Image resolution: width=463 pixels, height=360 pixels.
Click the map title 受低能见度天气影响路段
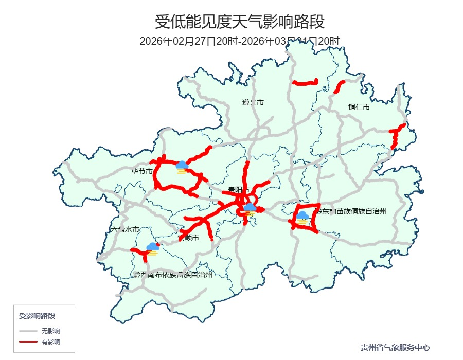coord(240,22)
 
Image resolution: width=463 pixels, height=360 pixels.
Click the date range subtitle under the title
coord(240,41)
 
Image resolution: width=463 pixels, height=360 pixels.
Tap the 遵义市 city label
coord(253,102)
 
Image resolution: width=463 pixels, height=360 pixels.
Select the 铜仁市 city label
coord(359,107)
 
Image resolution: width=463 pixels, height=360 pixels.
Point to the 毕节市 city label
coord(142,171)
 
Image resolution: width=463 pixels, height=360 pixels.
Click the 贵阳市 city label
coord(239,190)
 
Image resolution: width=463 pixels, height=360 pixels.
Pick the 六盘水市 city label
coord(124,230)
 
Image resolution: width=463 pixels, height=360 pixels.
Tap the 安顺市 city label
coord(188,238)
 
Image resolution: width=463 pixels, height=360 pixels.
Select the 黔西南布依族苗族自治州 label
coord(172,275)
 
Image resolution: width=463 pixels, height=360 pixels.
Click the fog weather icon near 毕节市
coord(181,167)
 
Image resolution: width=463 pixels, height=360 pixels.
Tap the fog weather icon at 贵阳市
coord(250,209)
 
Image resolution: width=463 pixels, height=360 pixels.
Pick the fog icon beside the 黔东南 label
coord(302,218)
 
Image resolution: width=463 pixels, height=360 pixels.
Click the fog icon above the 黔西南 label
coord(152,249)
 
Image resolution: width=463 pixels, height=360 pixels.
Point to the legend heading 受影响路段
coord(37,315)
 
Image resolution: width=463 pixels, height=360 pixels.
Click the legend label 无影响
coord(50,331)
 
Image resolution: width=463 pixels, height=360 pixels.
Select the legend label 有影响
coord(50,341)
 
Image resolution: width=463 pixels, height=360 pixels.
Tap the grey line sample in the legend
coord(28,331)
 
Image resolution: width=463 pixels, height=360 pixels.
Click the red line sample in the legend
coord(28,341)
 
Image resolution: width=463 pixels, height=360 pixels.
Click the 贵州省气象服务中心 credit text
coord(395,348)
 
